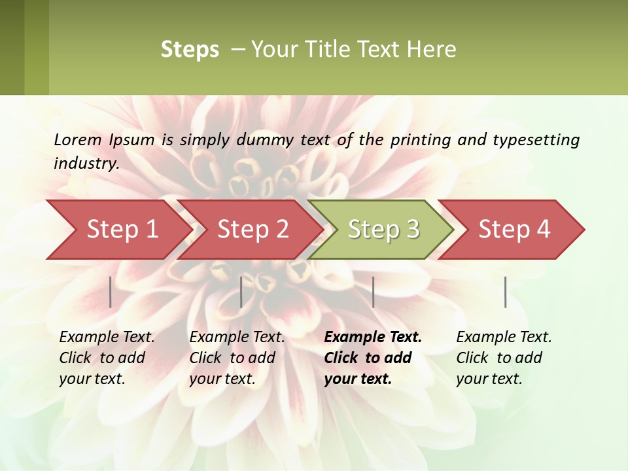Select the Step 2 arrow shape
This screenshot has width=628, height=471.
(253, 230)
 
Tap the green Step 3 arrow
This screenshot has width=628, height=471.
(383, 230)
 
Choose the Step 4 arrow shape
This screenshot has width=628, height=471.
(514, 230)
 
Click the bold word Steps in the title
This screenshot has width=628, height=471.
(190, 50)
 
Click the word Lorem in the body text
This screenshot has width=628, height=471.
(77, 139)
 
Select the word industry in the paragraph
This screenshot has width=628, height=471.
(86, 164)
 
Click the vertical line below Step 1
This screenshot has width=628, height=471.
(111, 292)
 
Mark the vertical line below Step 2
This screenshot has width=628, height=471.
(241, 292)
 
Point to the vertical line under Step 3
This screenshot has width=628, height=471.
(373, 292)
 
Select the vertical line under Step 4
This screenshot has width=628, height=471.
(506, 292)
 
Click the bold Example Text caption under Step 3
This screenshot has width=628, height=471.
(373, 337)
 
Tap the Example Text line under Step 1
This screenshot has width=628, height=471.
(107, 337)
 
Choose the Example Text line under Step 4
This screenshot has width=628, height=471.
(504, 337)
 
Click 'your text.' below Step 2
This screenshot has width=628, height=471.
(222, 379)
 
